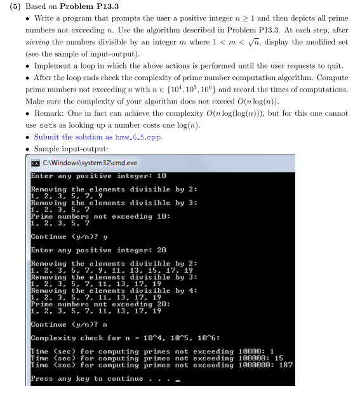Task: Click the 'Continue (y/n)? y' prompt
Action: point(70,236)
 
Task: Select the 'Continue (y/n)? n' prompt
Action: point(70,324)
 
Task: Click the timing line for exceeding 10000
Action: point(152,352)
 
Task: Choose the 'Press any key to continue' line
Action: point(95,379)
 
